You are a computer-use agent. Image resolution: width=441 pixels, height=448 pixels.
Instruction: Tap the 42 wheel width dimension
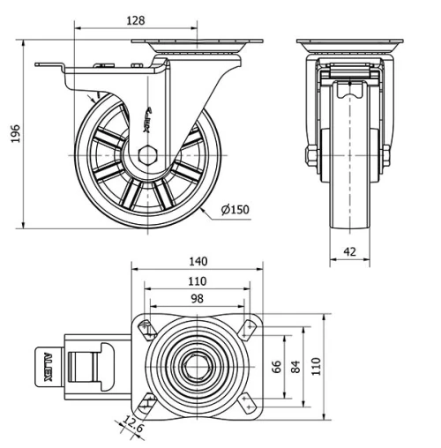[349, 251]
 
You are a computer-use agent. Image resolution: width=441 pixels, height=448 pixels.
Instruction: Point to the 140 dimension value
[198, 261]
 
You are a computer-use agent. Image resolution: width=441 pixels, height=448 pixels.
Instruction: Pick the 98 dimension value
[198, 299]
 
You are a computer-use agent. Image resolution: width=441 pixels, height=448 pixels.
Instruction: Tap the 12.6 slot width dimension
[134, 426]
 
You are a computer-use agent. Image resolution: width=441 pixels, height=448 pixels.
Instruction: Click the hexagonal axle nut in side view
[148, 155]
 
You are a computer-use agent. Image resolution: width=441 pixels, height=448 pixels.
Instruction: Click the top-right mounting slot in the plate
[247, 328]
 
